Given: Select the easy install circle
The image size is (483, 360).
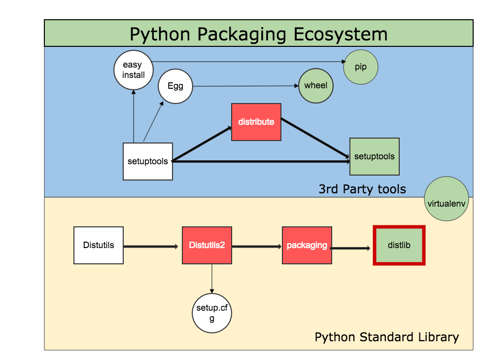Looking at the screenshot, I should pos(134,70).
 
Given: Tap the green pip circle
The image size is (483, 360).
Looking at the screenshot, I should pos(361,67).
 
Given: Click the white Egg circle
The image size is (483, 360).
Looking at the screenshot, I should pos(175,86).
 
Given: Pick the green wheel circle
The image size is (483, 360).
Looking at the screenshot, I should pos(315,85).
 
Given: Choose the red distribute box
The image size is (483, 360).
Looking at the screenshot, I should pos(256,122).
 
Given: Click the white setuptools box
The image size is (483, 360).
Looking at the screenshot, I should pos(147,161).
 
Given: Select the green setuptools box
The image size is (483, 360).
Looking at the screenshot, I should pos(375,156).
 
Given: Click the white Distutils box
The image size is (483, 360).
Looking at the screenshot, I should pos(99,245).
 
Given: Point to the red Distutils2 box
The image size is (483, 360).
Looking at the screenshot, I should pos(207,245).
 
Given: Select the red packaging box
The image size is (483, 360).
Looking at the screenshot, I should pos(307,245).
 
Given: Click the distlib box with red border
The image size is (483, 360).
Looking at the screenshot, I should pos(399,245).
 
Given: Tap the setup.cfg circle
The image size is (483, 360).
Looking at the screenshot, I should pos(212,313).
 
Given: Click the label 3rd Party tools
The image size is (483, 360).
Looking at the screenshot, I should pos(362,189).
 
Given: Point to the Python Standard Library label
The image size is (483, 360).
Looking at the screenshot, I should pos(386,337).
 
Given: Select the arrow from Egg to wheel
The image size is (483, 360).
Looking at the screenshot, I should pos(245,86).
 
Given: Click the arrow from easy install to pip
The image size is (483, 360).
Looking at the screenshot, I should pos(246,62).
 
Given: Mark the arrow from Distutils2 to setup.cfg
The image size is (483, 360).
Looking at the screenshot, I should pos(212,279).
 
